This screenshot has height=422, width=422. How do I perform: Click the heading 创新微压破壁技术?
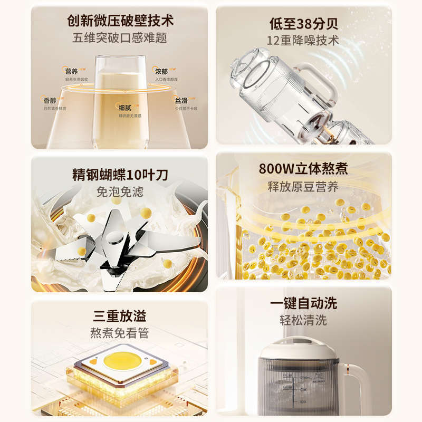(x=120, y=21)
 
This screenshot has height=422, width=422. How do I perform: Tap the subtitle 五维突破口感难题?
(x=120, y=39)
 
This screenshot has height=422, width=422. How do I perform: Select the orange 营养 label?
(x=72, y=71)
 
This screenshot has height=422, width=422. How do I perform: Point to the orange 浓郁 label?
(x=162, y=70)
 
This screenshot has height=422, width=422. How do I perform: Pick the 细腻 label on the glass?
(x=125, y=107)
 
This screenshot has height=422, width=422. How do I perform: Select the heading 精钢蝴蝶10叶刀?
(x=120, y=175)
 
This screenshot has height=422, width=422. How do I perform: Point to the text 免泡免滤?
(x=120, y=192)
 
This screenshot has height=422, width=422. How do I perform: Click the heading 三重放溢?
(x=120, y=316)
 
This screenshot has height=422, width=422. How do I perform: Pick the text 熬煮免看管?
(x=120, y=333)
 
